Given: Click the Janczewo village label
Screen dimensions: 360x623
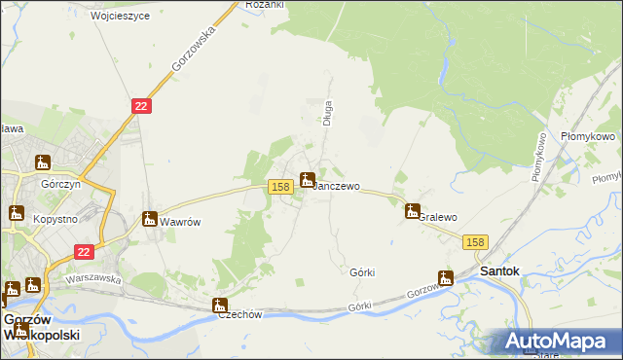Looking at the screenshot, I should [337, 186].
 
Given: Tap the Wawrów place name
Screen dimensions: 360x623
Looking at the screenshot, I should [180, 222].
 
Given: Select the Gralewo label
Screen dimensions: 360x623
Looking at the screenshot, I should [437, 217].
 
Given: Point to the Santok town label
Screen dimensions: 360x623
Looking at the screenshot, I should [500, 270].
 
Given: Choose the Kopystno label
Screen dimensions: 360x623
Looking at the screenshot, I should [55, 220].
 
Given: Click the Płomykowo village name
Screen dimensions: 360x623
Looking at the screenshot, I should [588, 138].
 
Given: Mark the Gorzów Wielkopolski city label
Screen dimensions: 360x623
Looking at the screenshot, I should [41, 327].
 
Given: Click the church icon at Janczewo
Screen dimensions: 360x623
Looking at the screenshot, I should [308, 179].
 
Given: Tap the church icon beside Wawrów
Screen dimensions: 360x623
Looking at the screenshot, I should [150, 219].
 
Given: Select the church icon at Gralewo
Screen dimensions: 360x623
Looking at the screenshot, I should [413, 210].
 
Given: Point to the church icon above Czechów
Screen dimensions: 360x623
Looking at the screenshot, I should [220, 306].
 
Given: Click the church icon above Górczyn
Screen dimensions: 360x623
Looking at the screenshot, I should [43, 162].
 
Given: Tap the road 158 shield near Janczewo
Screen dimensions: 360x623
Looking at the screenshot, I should [280, 186].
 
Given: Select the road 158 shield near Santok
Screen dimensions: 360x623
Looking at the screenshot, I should [475, 242].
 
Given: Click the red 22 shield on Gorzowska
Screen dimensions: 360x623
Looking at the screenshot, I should [142, 106].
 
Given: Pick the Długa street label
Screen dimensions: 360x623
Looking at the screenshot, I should [328, 112].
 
